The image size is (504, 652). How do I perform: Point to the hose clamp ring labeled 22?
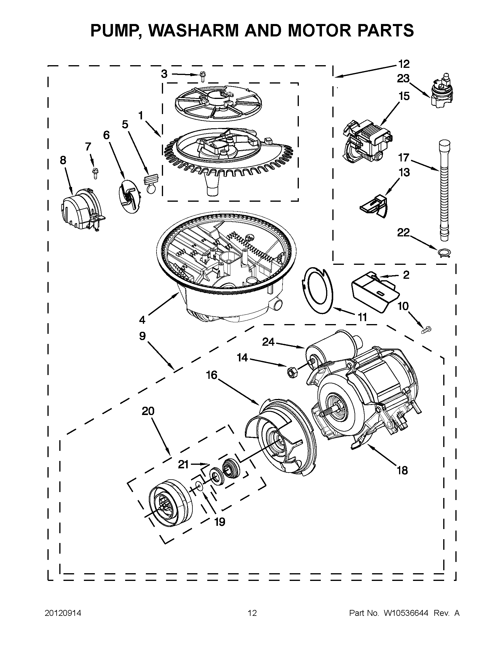click(x=443, y=253)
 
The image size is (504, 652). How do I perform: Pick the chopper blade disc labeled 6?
click(x=130, y=196)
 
